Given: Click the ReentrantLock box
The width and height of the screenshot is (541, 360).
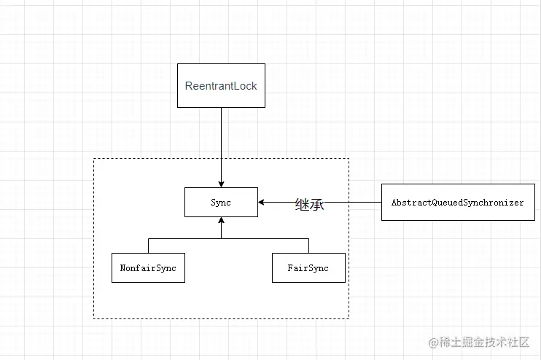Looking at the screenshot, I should pyautogui.click(x=221, y=86).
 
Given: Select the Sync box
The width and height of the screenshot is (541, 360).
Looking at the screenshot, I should pyautogui.click(x=221, y=203).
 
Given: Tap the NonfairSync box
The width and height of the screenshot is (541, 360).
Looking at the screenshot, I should pyautogui.click(x=148, y=268).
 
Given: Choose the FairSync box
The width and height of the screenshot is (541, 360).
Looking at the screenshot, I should pyautogui.click(x=308, y=268).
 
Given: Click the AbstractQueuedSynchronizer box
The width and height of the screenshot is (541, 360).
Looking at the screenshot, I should pyautogui.click(x=457, y=203).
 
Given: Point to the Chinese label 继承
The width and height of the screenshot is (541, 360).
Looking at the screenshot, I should pyautogui.click(x=309, y=205).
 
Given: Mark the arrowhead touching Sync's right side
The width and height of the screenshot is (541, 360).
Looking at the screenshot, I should pyautogui.click(x=262, y=203).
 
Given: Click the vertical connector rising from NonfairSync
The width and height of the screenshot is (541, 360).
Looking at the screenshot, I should pyautogui.click(x=148, y=246).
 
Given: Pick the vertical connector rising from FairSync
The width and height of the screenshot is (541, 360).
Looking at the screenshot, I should pyautogui.click(x=308, y=246).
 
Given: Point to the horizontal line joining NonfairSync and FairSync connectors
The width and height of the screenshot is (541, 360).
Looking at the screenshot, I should pyautogui.click(x=262, y=238).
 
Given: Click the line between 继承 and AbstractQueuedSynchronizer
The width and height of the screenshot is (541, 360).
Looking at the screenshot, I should pyautogui.click(x=354, y=203).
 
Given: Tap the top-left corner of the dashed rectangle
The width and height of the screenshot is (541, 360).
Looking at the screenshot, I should pyautogui.click(x=94, y=159).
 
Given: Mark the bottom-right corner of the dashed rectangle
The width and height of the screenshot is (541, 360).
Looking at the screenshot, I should pyautogui.click(x=349, y=318).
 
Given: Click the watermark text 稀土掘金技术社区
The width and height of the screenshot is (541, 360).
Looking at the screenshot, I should pyautogui.click(x=485, y=343).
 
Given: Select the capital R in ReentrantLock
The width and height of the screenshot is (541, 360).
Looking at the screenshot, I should pyautogui.click(x=189, y=86).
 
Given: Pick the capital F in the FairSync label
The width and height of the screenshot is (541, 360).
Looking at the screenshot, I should pyautogui.click(x=290, y=268).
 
